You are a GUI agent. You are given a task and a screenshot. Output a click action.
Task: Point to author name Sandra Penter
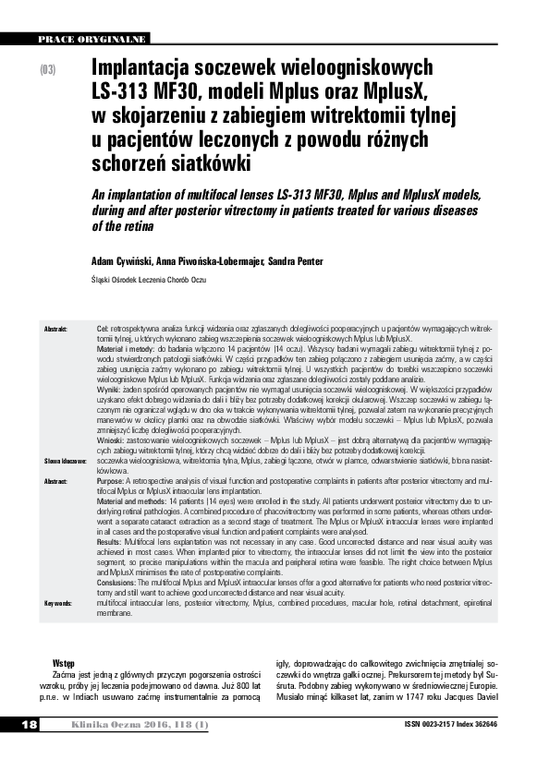coord(297,261)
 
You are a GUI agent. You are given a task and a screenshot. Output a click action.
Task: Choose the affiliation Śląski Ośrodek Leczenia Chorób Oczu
coord(148,280)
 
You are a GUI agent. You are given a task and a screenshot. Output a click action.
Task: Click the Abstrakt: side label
coord(55,330)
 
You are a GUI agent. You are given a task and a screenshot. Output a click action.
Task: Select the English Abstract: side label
coord(56,481)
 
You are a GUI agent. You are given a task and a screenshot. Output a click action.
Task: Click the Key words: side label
coord(58,603)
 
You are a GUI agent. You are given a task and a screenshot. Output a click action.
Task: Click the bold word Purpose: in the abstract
coord(112,481)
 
